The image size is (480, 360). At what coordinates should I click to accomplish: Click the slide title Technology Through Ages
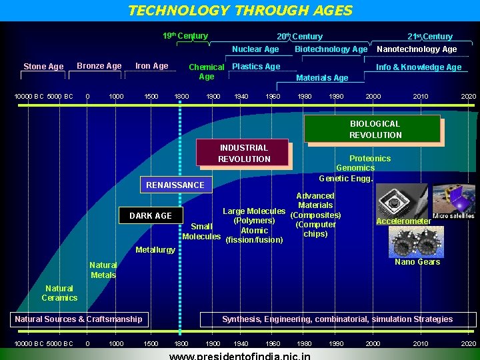(240, 11)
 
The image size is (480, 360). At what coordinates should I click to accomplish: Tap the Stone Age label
(43, 67)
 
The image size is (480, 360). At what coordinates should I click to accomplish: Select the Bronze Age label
(99, 66)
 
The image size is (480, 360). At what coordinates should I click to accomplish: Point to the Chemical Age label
(206, 72)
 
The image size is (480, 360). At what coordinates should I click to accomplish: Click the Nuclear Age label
(255, 49)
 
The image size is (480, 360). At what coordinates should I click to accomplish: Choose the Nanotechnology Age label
(417, 49)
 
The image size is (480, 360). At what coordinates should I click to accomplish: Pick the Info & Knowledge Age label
(419, 67)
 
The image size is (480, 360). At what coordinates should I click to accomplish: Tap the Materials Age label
(322, 78)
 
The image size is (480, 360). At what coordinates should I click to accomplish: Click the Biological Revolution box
(375, 129)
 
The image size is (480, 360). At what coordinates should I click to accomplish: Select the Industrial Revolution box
(243, 153)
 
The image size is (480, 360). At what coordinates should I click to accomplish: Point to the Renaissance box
(175, 185)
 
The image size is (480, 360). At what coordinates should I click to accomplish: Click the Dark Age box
(150, 216)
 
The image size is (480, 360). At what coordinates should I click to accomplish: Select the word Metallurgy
(155, 250)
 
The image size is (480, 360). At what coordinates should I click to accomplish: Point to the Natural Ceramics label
(59, 293)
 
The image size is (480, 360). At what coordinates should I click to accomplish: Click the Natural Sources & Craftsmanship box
(79, 319)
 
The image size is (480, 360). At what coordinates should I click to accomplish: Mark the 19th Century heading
(185, 36)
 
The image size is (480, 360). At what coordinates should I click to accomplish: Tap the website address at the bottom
(240, 355)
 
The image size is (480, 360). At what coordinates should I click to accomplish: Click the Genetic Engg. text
(345, 179)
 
